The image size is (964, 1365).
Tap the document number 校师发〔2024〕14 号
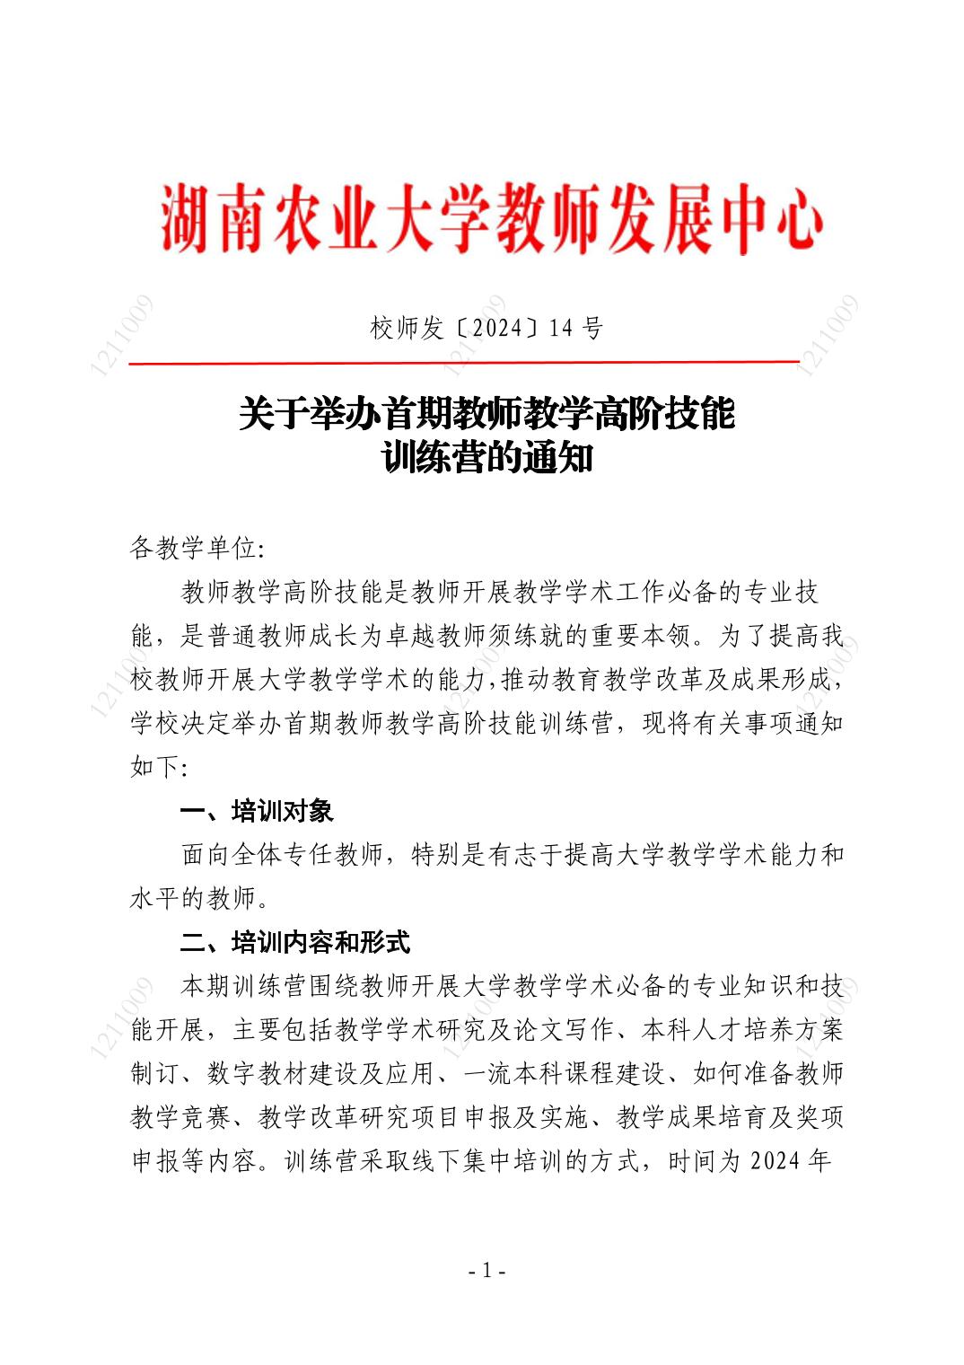pos(486,329)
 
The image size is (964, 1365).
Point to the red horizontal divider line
pos(463,363)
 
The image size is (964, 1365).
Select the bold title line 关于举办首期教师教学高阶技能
pos(486,414)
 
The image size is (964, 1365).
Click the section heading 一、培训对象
pos(257,811)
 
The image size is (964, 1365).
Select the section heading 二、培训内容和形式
pos(295,942)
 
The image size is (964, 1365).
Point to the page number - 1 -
pos(487,1271)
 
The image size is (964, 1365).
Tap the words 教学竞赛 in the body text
pos(181,1117)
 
